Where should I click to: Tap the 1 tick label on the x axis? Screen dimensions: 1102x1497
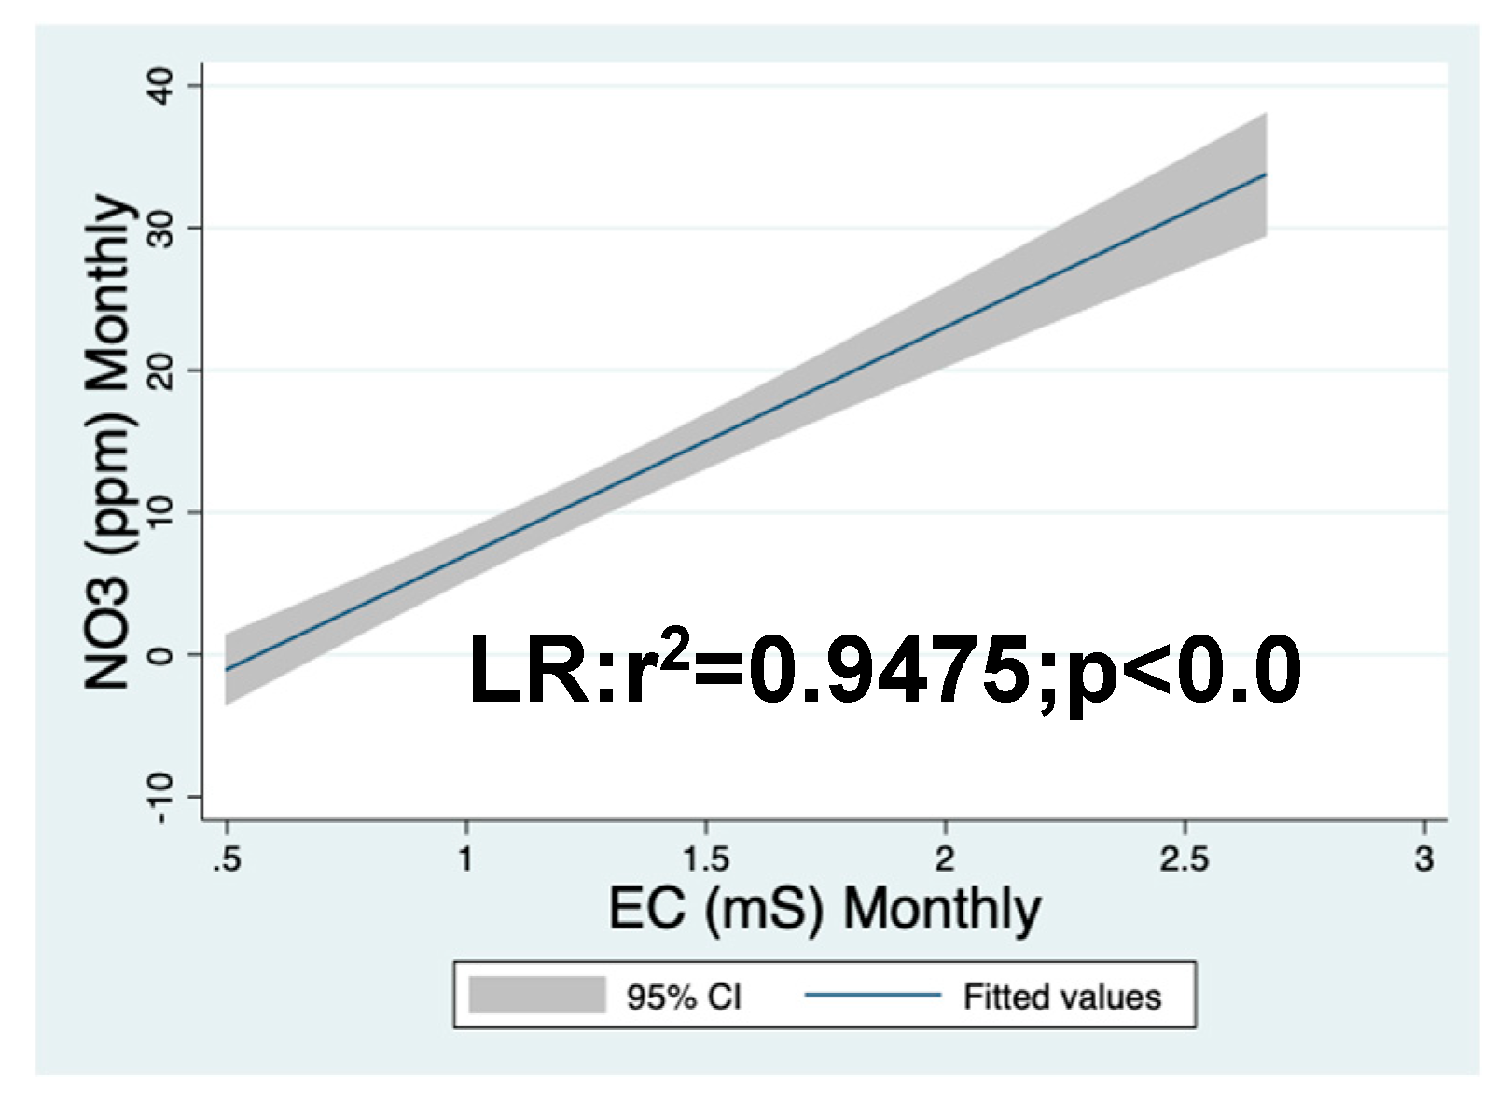tap(466, 858)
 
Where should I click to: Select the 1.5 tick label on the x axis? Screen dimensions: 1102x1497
tap(705, 858)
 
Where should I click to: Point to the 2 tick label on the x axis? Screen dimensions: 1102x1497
tap(945, 858)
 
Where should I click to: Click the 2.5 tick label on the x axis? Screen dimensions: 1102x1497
tap(1185, 858)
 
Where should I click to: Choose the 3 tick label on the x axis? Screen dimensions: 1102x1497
tap(1424, 858)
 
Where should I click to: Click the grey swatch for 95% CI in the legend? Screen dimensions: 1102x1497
tap(536, 996)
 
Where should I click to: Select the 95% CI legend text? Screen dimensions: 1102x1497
tap(685, 997)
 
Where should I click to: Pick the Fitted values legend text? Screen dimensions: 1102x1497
tap(1061, 997)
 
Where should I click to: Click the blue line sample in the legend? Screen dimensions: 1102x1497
tap(873, 996)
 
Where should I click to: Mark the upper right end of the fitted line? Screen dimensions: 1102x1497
tap(1266, 174)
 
